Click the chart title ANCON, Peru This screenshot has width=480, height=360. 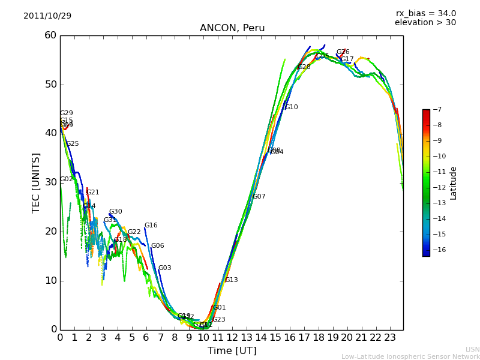(x=232, y=28)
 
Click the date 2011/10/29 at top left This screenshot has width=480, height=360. (x=47, y=16)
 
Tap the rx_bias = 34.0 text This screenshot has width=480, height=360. (x=425, y=14)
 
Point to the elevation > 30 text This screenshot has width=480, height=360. (x=425, y=23)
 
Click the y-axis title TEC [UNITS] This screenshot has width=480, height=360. (x=36, y=182)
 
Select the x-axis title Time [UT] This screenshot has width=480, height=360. (x=232, y=351)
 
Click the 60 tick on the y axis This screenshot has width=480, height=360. (x=50, y=35)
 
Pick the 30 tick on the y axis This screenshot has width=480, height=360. (x=50, y=182)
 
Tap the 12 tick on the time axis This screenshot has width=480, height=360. (x=232, y=337)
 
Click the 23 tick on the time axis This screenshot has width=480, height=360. (x=390, y=337)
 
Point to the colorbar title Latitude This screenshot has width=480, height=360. (x=454, y=183)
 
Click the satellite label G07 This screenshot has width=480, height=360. (x=259, y=197)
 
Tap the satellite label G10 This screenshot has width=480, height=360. (x=291, y=107)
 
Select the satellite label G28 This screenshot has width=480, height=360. (x=304, y=67)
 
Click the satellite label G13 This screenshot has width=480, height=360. (x=231, y=280)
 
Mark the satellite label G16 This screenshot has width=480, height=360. (x=151, y=226)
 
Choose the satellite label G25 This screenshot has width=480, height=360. (x=72, y=144)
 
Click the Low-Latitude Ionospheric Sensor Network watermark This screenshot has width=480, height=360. (x=410, y=357)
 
